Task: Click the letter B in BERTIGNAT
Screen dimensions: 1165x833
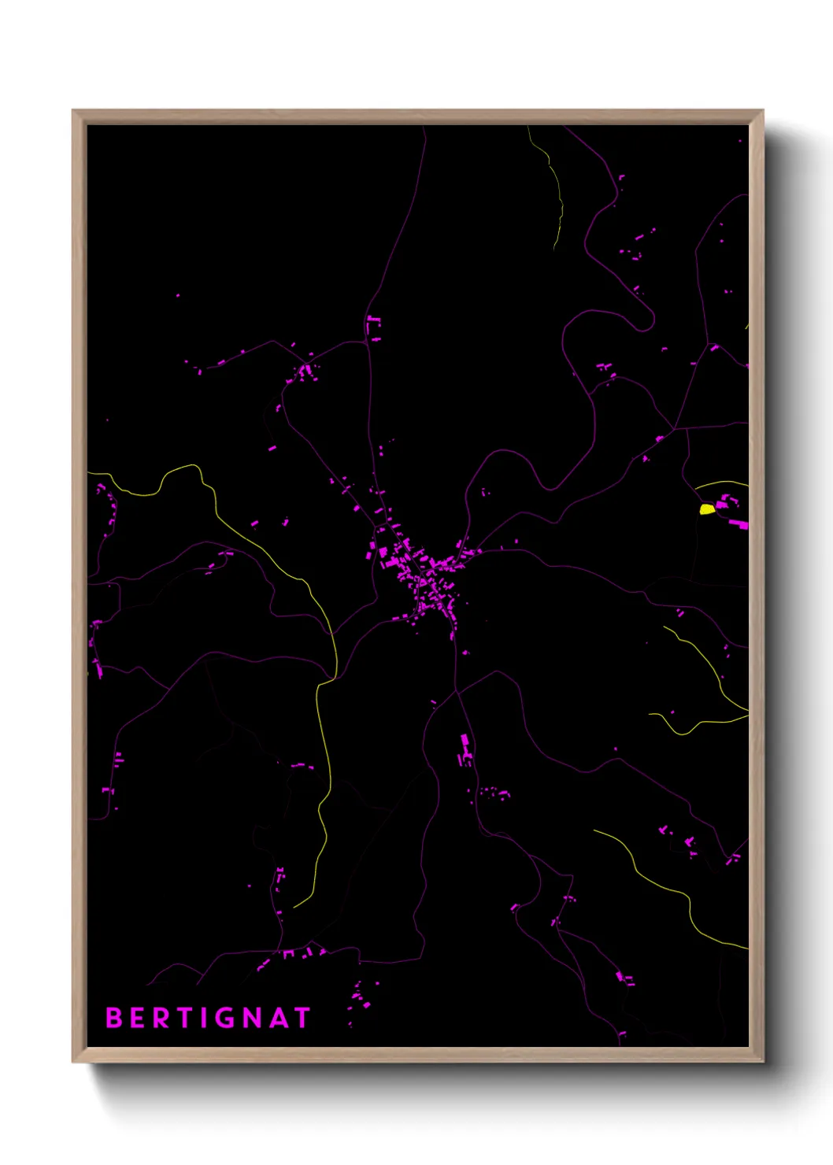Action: pos(113,1018)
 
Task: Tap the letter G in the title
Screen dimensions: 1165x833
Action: pos(224,1018)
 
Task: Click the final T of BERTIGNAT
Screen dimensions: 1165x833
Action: pos(302,1018)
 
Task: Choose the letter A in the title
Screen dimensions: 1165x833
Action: pos(278,1018)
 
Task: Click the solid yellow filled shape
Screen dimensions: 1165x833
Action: pos(707,509)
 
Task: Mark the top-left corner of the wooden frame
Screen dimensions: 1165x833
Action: pos(73,111)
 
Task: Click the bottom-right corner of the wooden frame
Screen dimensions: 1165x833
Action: pos(762,1061)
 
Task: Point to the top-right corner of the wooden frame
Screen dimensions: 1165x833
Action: pos(762,111)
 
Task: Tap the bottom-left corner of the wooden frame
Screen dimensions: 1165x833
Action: pos(73,1061)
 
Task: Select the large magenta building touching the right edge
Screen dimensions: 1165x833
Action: pos(739,523)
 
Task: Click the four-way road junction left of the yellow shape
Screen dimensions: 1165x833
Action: pos(687,430)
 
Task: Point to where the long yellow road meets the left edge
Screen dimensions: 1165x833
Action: pos(89,473)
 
